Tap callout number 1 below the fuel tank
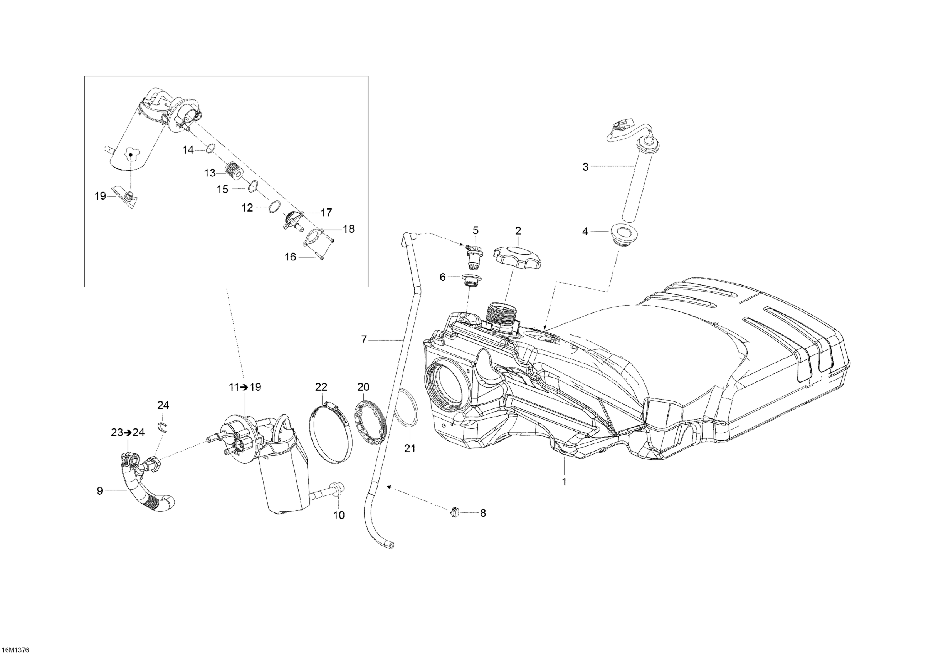564,482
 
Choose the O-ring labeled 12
274,206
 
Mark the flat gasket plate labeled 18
314,236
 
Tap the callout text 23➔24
128,432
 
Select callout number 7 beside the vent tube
364,340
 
